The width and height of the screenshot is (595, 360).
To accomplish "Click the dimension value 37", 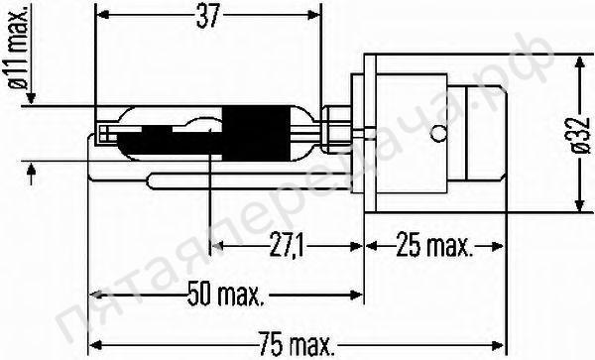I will pyautogui.click(x=207, y=17).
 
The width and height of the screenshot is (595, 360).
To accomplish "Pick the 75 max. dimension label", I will pyautogui.click(x=296, y=347).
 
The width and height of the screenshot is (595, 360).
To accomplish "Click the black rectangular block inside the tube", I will pyautogui.click(x=248, y=132).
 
